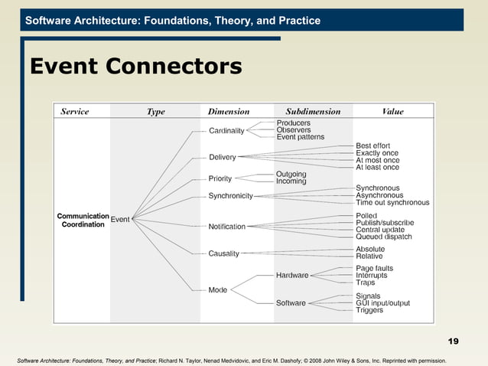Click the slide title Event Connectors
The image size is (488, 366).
pos(135,67)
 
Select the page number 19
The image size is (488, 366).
pos(453,341)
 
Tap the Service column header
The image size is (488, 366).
pos(75,112)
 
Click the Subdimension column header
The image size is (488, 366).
pos(313,112)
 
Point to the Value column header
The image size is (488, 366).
pos(392,112)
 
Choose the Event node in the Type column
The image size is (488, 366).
pos(120,220)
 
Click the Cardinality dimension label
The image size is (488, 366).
pos(226,131)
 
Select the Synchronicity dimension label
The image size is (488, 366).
pos(230,196)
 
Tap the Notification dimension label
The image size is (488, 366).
pos(227,227)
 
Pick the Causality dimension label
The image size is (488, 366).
pos(223,253)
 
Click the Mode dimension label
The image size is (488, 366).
pos(217,290)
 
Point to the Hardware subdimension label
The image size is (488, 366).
pos(292,276)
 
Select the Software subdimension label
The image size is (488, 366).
pos(291,303)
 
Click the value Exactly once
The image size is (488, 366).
pos(377,153)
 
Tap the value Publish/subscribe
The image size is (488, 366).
pos(385,223)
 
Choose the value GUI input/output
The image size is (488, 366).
pos(382,303)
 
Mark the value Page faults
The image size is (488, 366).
pos(375,269)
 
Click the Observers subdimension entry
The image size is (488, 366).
pos(294,130)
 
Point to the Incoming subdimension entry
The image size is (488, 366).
pos(291,181)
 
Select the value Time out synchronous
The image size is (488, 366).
pos(392,203)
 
